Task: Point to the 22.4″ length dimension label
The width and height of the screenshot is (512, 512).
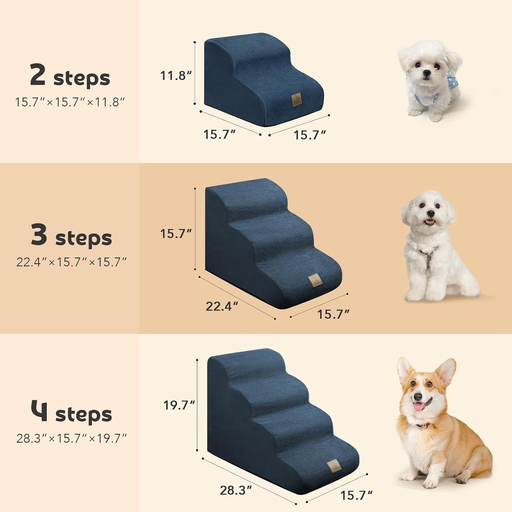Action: pyautogui.click(x=222, y=306)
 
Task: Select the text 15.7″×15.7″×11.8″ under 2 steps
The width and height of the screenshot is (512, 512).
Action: pyautogui.click(x=70, y=102)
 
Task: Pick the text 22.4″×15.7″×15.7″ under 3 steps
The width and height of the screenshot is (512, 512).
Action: pyautogui.click(x=71, y=262)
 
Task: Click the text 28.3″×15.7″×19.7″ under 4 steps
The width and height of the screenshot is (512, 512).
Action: pyautogui.click(x=71, y=438)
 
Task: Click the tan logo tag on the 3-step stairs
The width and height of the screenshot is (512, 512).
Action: pyautogui.click(x=314, y=281)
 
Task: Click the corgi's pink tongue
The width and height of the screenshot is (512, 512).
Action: pyautogui.click(x=418, y=407)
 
